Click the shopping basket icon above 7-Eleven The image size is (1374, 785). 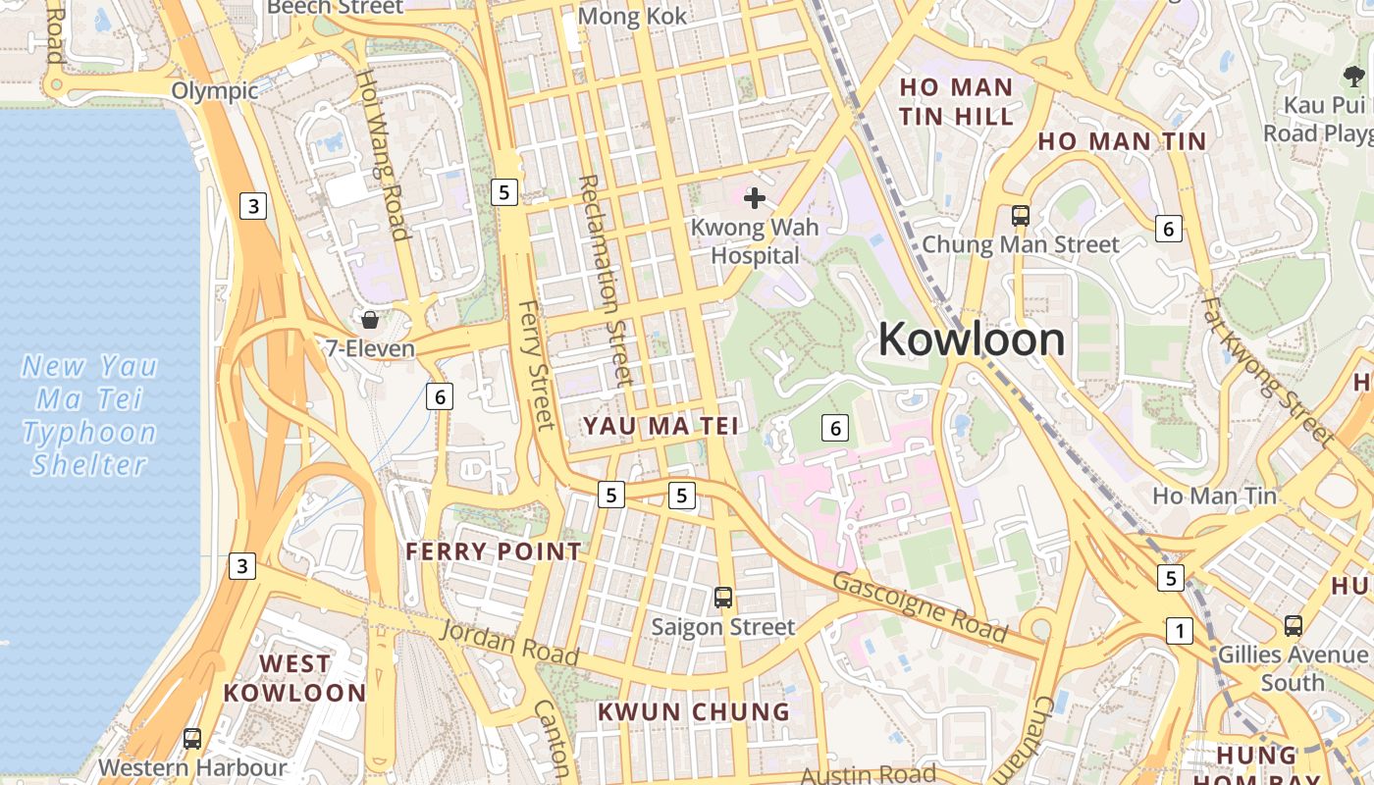pyautogui.click(x=370, y=320)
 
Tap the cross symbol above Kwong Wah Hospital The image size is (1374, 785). pyautogui.click(x=754, y=199)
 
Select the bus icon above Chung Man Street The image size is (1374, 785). pyautogui.click(x=1021, y=215)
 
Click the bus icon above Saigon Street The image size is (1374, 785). pyautogui.click(x=723, y=597)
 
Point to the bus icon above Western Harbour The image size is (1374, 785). pyautogui.click(x=192, y=739)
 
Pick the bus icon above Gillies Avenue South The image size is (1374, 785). pyautogui.click(x=1294, y=625)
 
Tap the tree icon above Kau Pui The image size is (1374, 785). pyautogui.click(x=1354, y=76)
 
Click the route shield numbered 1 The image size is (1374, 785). pyautogui.click(x=1179, y=631)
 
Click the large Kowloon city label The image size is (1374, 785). pyautogui.click(x=972, y=340)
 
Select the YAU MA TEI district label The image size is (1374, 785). pyautogui.click(x=661, y=426)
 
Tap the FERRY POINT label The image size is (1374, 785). pyautogui.click(x=494, y=551)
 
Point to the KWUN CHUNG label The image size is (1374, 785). pyautogui.click(x=694, y=711)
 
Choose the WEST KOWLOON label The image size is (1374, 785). pyautogui.click(x=294, y=678)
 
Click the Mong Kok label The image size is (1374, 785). pyautogui.click(x=632, y=17)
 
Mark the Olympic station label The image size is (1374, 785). pyautogui.click(x=215, y=91)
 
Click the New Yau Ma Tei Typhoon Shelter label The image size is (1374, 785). pyautogui.click(x=89, y=415)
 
